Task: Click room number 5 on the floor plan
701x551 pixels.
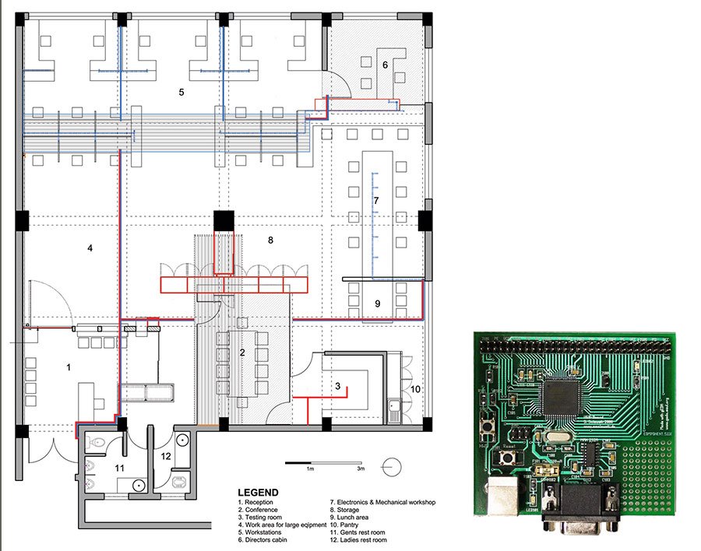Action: [x=181, y=93]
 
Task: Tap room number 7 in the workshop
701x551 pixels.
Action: [x=376, y=201]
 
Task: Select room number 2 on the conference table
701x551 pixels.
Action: [x=242, y=353]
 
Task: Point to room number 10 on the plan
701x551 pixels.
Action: [x=416, y=388]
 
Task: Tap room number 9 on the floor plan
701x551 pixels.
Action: [x=376, y=304]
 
